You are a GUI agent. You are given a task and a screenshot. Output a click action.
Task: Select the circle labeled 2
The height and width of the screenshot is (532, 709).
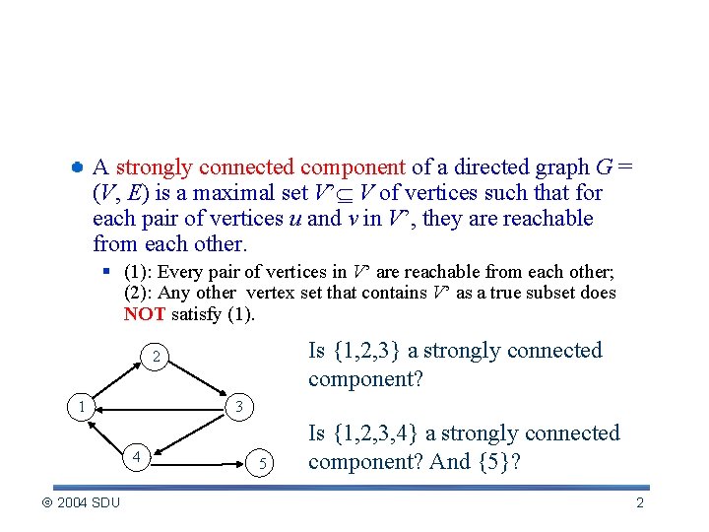coord(154,356)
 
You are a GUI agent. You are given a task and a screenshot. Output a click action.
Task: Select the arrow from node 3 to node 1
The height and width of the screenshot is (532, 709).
coord(161,405)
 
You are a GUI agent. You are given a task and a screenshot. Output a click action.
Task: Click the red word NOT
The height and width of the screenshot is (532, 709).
coord(145,315)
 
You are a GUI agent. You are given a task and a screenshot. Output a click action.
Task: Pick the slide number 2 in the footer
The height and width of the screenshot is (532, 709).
coord(640,503)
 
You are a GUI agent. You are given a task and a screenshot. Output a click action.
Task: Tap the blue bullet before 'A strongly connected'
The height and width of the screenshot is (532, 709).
coord(76,167)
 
